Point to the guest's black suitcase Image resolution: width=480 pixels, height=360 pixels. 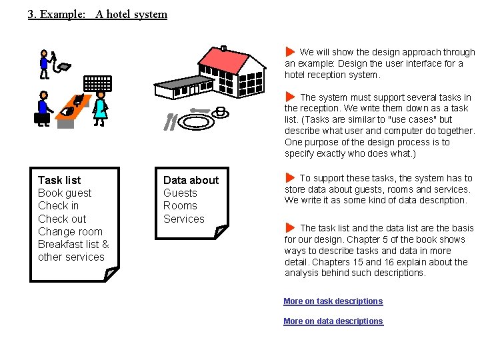coord(42,119)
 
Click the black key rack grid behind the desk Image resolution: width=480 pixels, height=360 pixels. coord(97,83)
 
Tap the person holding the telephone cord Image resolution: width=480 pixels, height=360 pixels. coord(45,63)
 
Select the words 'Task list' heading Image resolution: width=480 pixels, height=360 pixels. coord(59,180)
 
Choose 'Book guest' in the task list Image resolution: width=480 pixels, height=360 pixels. coord(65,193)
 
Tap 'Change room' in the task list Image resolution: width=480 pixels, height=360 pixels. coord(70,231)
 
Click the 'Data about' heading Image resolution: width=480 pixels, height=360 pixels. coord(191,180)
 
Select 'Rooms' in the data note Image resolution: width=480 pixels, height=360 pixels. coord(180,205)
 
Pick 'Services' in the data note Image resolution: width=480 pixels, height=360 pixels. coord(184,219)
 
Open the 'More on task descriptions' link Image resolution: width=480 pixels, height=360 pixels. coord(333,301)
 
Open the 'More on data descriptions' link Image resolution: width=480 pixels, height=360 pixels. coord(333,321)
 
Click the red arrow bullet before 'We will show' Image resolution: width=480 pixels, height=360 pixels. coord(290,52)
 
